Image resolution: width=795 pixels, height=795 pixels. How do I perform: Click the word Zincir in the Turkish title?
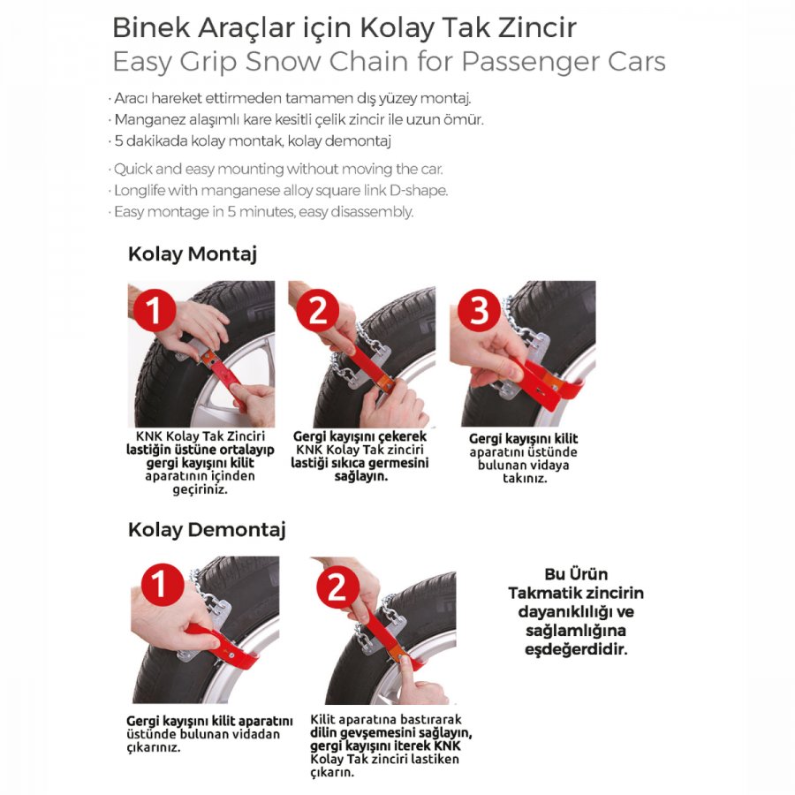click(x=537, y=27)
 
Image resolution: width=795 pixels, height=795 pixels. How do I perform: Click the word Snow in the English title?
click(x=284, y=62)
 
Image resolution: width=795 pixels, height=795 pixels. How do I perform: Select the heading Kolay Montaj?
click(x=193, y=254)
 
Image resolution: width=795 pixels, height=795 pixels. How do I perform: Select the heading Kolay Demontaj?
click(x=207, y=530)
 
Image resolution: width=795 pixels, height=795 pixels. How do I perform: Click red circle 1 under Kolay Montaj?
click(x=154, y=310)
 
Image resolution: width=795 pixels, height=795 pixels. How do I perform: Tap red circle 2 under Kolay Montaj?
click(x=318, y=310)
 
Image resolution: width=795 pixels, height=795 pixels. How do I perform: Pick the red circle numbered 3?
click(x=480, y=310)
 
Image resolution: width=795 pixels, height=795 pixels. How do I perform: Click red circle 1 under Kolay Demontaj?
click(x=162, y=585)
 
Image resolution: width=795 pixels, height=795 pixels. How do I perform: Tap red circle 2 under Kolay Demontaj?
click(x=338, y=588)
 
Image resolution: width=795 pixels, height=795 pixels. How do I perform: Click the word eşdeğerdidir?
click(x=576, y=649)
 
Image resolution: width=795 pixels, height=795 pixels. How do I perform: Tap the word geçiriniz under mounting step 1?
click(x=200, y=489)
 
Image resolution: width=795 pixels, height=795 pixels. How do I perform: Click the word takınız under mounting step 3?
click(x=525, y=478)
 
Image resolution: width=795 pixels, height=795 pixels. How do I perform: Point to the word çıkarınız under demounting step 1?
click(x=154, y=747)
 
